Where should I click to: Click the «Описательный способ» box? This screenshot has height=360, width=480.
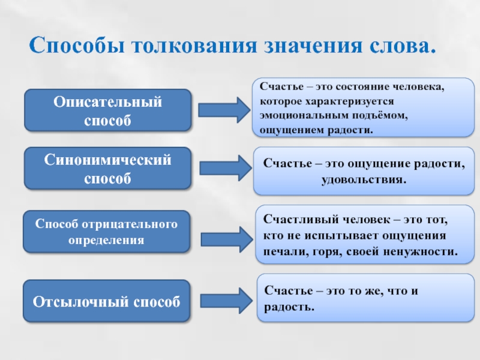[x=108, y=110]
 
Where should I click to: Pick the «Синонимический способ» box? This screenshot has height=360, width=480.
[x=108, y=169]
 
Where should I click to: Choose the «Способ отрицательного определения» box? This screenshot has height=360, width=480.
[x=106, y=232]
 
